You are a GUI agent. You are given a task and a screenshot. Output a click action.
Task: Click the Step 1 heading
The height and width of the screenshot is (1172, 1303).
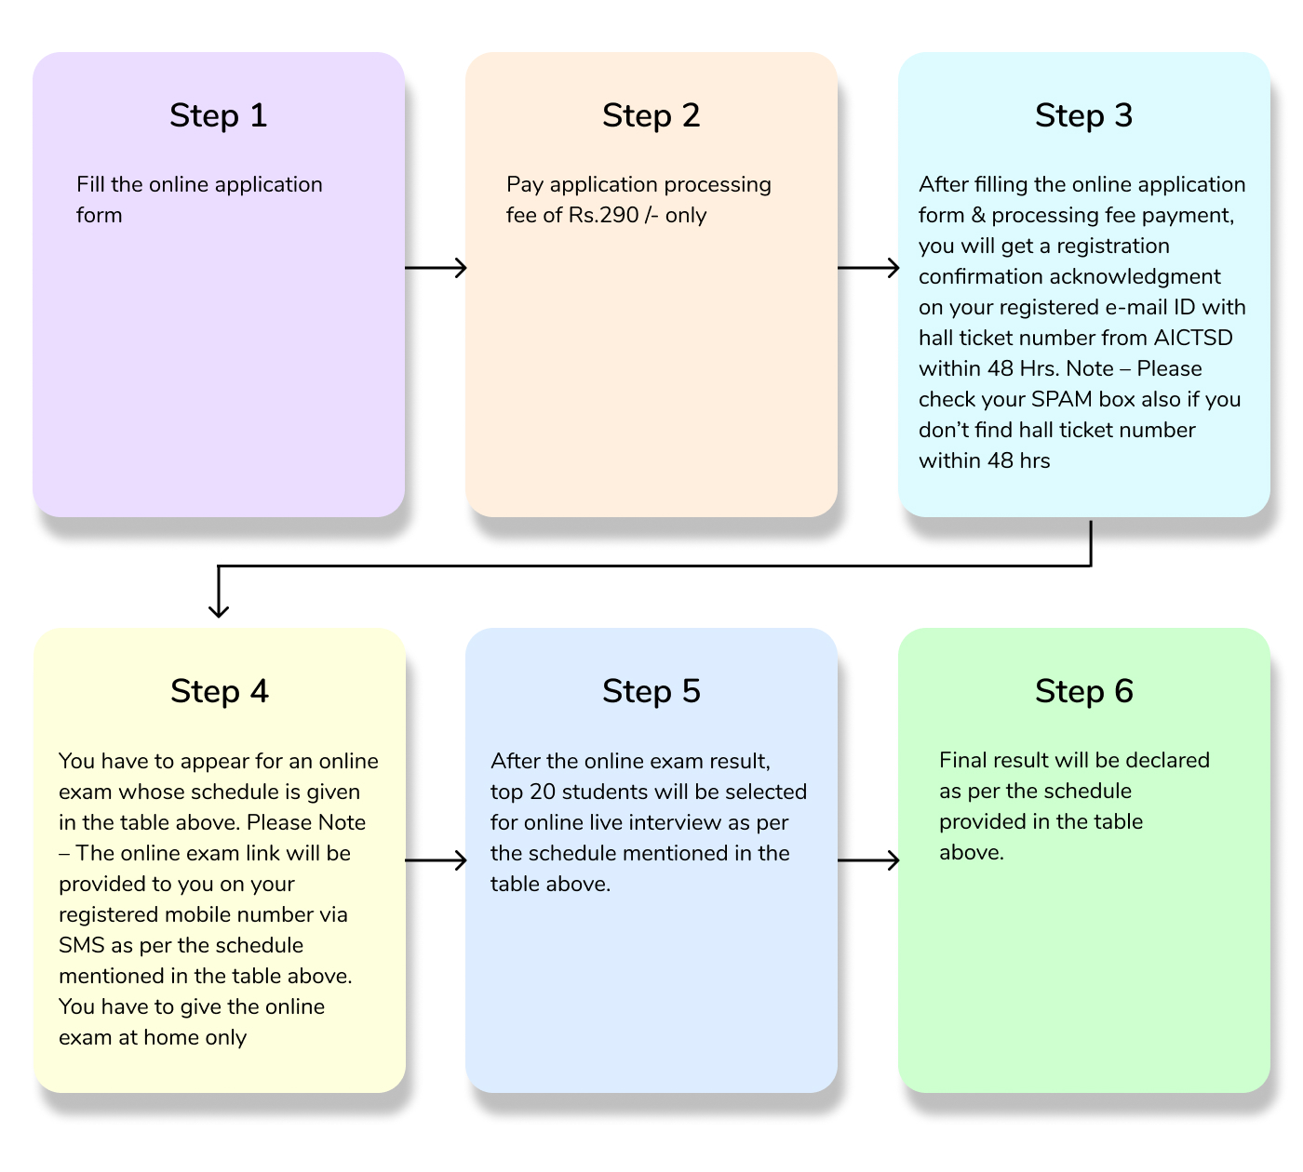tap(218, 115)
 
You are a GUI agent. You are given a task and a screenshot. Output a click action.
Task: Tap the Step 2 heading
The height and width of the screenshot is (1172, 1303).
tap(651, 115)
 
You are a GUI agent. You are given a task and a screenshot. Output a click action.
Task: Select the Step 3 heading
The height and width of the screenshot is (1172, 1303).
tap(1083, 115)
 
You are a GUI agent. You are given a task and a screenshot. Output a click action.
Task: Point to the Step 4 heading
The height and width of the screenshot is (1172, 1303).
tap(219, 691)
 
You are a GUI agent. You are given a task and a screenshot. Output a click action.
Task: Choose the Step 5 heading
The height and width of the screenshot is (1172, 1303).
tap(651, 691)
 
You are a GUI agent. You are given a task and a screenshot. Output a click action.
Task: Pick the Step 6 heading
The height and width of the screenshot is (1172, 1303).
tap(1083, 691)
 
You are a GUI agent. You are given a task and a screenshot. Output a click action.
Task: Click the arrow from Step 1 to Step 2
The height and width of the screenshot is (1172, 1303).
tap(436, 268)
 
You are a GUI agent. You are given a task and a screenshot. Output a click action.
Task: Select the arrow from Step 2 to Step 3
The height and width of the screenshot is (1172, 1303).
tap(868, 268)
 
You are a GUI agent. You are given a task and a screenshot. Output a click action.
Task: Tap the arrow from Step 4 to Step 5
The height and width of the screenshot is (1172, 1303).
tap(436, 860)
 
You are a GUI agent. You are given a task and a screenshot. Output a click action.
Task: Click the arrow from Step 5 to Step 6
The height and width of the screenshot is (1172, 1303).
tap(868, 860)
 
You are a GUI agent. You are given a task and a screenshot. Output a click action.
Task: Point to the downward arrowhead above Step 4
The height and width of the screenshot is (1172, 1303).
tap(219, 609)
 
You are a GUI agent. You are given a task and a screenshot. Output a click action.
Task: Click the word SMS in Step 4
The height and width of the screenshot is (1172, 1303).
tap(81, 945)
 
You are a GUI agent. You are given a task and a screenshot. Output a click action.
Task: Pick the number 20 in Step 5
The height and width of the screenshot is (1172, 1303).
tap(543, 792)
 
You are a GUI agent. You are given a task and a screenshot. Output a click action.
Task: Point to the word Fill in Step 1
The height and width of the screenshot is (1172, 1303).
tap(90, 184)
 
